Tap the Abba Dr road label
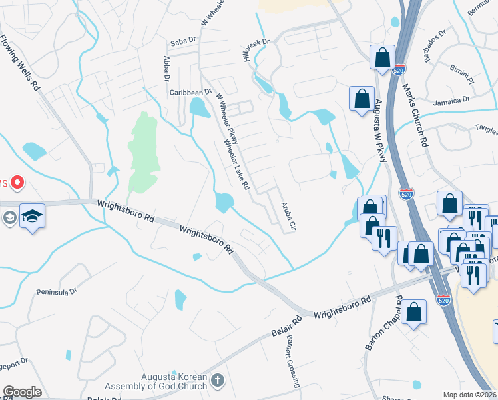tap(166, 69)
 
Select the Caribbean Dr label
tap(190, 93)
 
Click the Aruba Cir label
tap(288, 217)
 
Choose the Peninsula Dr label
tap(59, 291)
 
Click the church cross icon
tap(216, 381)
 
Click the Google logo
tap(22, 392)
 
